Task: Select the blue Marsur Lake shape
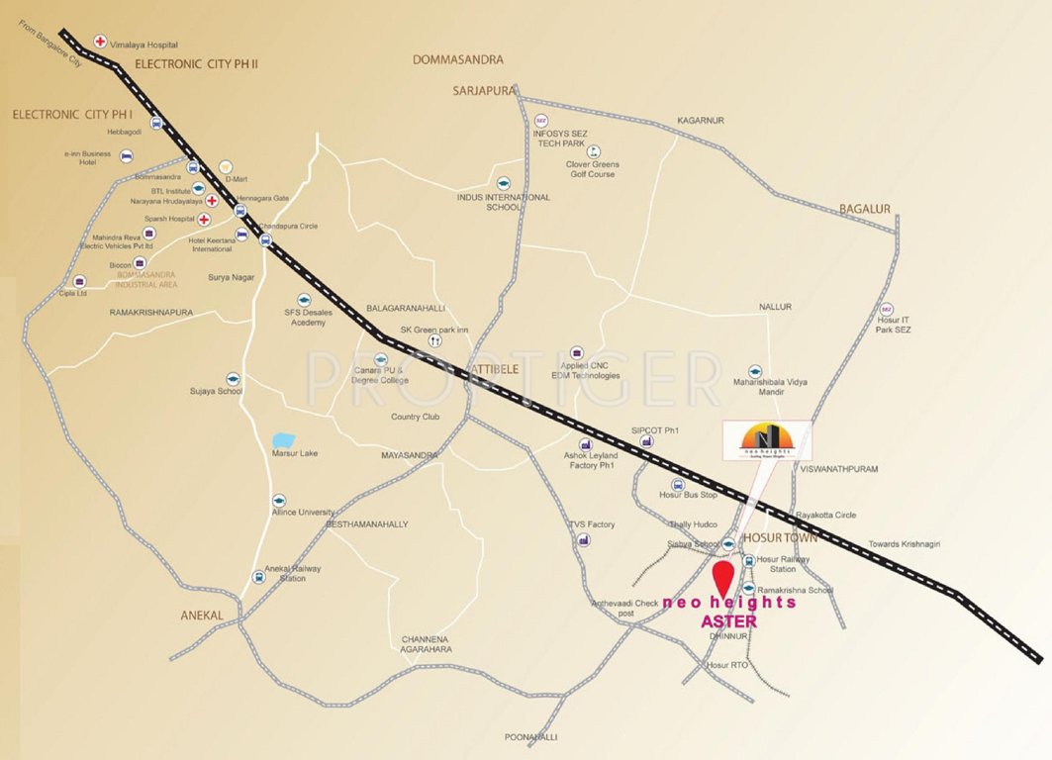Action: (283, 438)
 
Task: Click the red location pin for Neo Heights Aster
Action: (724, 577)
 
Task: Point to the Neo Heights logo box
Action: (767, 440)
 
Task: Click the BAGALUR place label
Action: (865, 209)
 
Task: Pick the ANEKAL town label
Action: (202, 616)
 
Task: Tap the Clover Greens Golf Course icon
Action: (593, 151)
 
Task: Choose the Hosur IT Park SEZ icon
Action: (887, 309)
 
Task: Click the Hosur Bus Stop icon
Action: (678, 484)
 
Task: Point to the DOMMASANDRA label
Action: (457, 60)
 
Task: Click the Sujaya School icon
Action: (233, 378)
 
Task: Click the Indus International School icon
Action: (503, 184)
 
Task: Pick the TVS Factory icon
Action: (585, 539)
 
